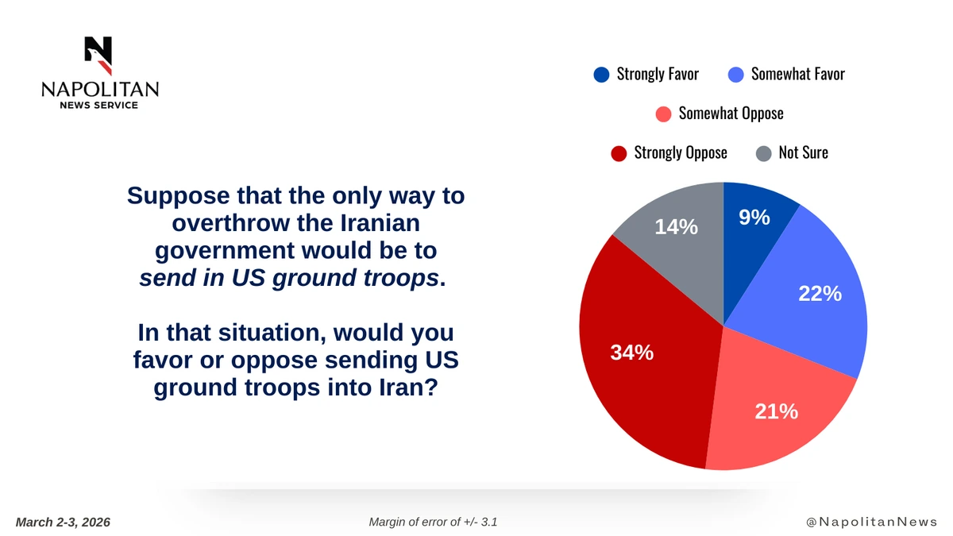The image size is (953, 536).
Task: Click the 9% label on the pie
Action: [754, 216]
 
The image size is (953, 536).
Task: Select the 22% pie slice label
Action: [819, 293]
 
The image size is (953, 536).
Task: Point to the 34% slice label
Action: [631, 353]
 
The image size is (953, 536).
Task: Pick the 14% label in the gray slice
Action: [676, 227]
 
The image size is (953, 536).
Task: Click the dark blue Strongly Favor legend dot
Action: [601, 75]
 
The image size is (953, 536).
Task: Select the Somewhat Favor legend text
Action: [797, 75]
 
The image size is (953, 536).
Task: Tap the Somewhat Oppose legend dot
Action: [663, 114]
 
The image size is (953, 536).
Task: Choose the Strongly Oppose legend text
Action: [680, 152]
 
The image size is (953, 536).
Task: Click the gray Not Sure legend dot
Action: [763, 152]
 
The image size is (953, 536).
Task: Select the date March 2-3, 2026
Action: [63, 522]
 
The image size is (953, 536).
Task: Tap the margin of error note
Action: [433, 522]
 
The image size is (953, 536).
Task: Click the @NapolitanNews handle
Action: [871, 522]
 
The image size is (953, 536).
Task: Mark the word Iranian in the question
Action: [368, 223]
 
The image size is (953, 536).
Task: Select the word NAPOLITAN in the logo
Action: [99, 89]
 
